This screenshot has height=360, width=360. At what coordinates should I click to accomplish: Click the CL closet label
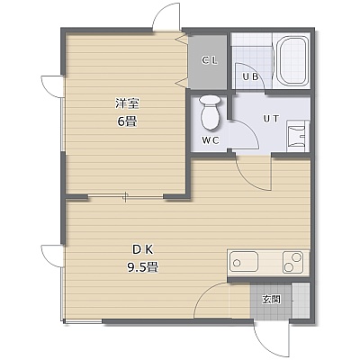pos(210,61)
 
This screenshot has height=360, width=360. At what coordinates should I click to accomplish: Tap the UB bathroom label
pos(250,77)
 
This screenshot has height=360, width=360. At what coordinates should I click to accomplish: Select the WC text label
pos(211,140)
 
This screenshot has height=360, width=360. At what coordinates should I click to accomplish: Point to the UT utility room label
pos(271,119)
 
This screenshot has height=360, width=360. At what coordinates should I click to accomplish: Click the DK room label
pos(143,249)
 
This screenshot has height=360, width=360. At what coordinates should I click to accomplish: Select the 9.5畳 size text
pos(143,266)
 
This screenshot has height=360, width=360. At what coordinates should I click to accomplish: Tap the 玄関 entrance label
pos(271,300)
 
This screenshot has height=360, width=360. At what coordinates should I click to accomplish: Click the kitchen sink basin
pos(244,262)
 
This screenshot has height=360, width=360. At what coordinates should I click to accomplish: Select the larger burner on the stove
pos(297,256)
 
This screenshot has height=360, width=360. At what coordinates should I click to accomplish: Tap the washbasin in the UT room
pos(298,136)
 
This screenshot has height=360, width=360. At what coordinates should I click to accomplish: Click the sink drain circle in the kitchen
pos(237,264)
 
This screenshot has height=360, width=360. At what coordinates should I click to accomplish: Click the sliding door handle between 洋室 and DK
pos(126,197)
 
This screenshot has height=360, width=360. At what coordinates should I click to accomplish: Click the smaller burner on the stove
pos(289,267)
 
